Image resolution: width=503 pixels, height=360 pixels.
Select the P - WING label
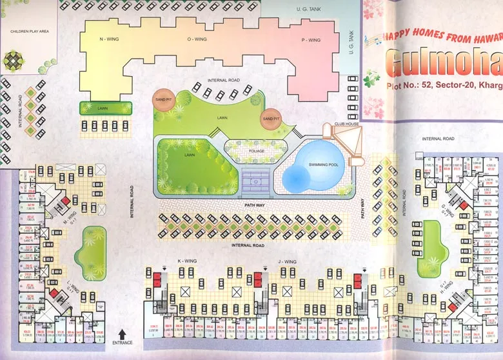311,40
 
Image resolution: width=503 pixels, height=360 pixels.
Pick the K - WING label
187,261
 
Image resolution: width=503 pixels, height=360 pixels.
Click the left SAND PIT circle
162,99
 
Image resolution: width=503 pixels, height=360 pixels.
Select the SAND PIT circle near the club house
271,118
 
